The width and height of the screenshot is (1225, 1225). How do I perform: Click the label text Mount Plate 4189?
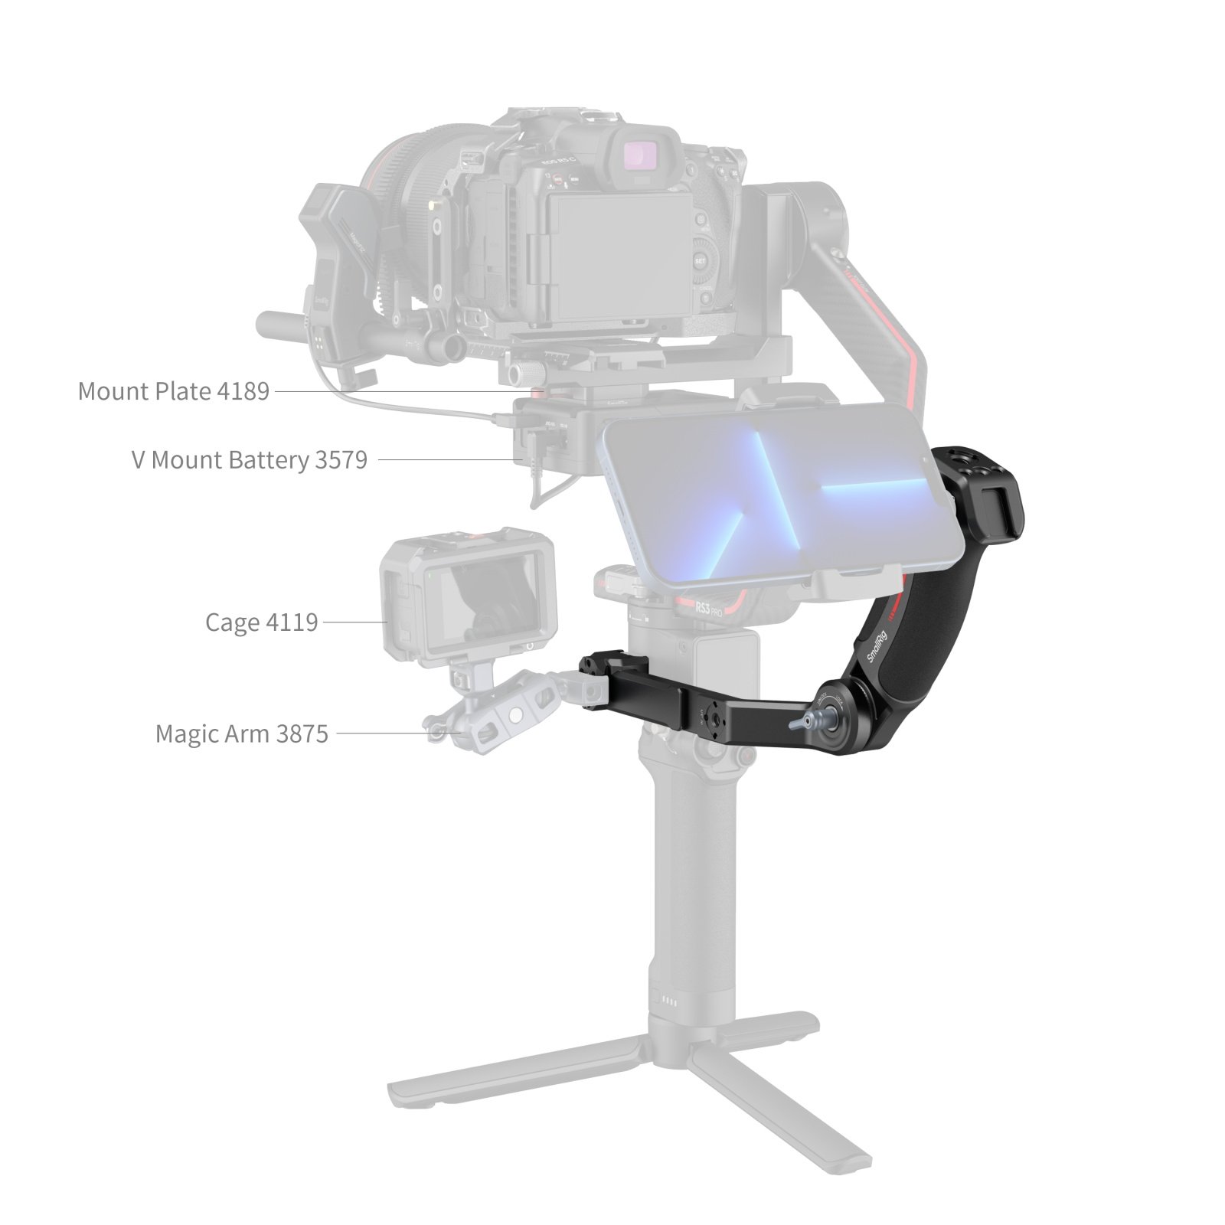coord(174,391)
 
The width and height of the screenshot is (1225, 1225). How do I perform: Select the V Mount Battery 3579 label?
coord(250,460)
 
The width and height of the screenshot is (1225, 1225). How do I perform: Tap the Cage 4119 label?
coord(261,622)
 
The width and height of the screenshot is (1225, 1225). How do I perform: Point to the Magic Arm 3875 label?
coord(242,733)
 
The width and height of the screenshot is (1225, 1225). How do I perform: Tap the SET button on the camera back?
coord(699,261)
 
